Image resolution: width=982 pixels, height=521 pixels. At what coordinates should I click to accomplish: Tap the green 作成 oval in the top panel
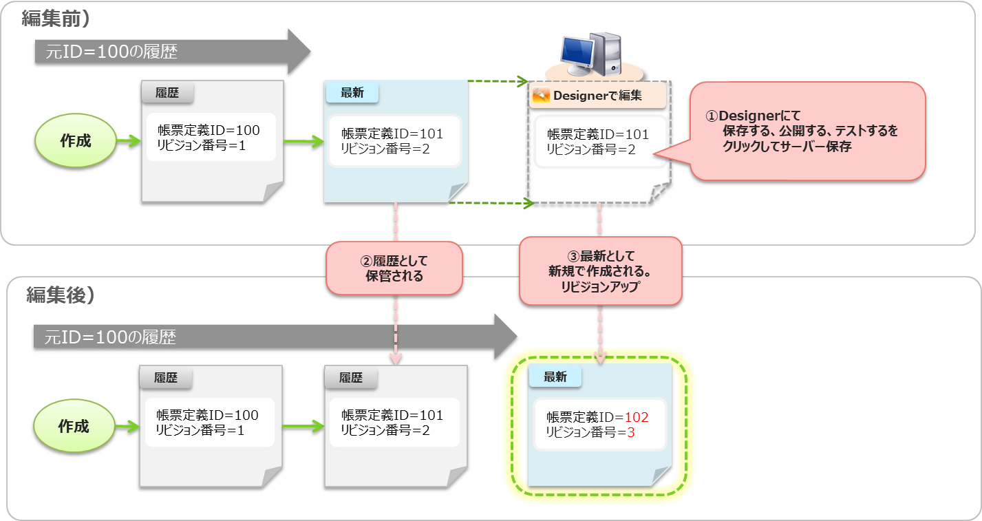click(x=76, y=141)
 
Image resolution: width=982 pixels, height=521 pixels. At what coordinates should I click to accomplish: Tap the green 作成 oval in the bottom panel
click(x=74, y=427)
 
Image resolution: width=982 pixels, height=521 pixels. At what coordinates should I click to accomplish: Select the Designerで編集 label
click(x=597, y=96)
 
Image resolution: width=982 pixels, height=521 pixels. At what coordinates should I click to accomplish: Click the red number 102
click(x=636, y=418)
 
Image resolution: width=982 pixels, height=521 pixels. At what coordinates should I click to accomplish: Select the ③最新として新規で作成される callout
click(x=600, y=270)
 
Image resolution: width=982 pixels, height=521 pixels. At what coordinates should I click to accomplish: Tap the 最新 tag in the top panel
click(x=352, y=93)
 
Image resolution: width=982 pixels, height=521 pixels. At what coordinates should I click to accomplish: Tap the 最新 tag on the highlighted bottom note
click(x=555, y=376)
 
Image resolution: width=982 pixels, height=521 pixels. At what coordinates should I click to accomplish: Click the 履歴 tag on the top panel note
click(x=167, y=93)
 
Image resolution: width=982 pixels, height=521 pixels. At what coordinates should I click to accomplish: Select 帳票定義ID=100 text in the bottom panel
click(x=207, y=415)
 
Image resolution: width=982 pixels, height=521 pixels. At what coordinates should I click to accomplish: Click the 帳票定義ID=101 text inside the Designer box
click(x=597, y=134)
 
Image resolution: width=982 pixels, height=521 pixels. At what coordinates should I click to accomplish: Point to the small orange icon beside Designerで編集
click(x=541, y=96)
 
